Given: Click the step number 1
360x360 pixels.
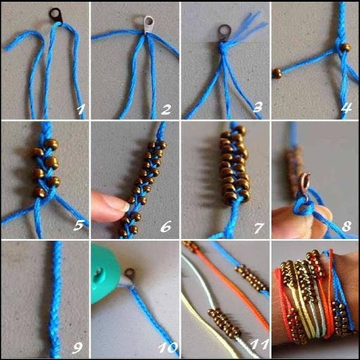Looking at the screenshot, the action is (80, 110).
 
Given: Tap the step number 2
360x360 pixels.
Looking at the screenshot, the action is (166, 110).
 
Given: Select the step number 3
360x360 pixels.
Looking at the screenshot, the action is (257, 107).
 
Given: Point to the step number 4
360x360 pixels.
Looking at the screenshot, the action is (347, 108).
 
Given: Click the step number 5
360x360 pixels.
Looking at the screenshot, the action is (78, 226).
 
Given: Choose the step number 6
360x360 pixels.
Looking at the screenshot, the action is (165, 226).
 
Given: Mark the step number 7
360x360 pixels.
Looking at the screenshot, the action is (258, 228).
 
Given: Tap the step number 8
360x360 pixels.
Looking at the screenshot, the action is (347, 226).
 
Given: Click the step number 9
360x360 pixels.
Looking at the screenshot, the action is (77, 348).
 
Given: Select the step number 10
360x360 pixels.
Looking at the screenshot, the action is (168, 347).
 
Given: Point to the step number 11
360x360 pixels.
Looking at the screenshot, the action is (259, 345).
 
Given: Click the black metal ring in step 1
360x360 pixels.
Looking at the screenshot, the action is (56, 15).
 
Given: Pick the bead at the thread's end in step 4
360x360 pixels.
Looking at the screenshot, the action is (278, 73).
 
